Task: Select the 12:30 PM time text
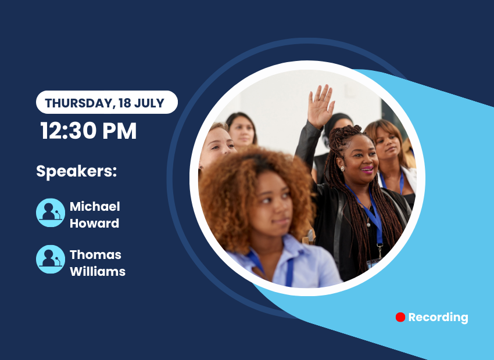88,131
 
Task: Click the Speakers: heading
77,171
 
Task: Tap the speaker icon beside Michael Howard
51,213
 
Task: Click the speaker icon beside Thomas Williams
51,260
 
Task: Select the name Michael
95,207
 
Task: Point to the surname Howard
94,224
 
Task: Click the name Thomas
95,254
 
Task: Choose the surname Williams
98,271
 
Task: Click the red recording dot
400,317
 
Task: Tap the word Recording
438,318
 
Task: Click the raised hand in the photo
321,106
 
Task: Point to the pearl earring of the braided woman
342,168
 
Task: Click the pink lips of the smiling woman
367,170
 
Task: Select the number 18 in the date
125,103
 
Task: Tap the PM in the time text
119,131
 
